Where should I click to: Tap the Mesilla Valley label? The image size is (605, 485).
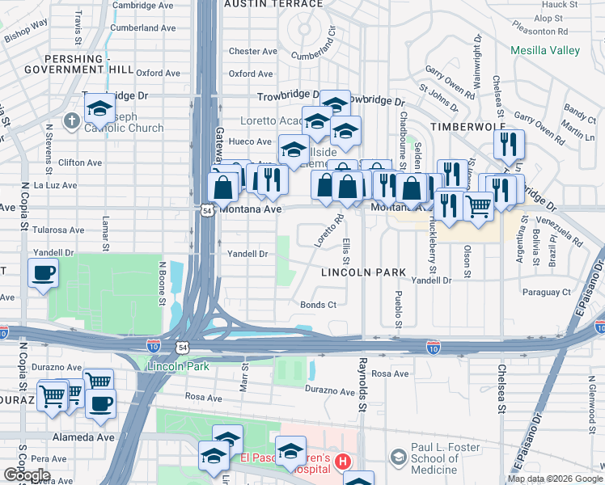(x=545, y=50)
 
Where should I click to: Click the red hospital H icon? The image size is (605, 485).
(x=342, y=462)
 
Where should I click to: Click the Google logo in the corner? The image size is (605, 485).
(x=27, y=475)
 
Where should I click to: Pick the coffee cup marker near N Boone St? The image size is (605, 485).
(x=44, y=273)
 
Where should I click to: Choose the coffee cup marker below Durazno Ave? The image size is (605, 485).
(x=100, y=403)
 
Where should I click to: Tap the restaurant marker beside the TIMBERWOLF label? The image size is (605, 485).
(x=509, y=145)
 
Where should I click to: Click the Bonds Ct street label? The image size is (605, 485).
(x=318, y=305)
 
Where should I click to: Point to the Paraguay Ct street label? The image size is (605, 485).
(x=546, y=291)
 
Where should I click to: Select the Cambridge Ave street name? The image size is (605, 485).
(x=143, y=5)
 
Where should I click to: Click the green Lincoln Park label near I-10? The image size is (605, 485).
(x=178, y=366)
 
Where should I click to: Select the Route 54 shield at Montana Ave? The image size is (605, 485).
(x=208, y=209)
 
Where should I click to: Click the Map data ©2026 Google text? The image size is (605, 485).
(x=555, y=479)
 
